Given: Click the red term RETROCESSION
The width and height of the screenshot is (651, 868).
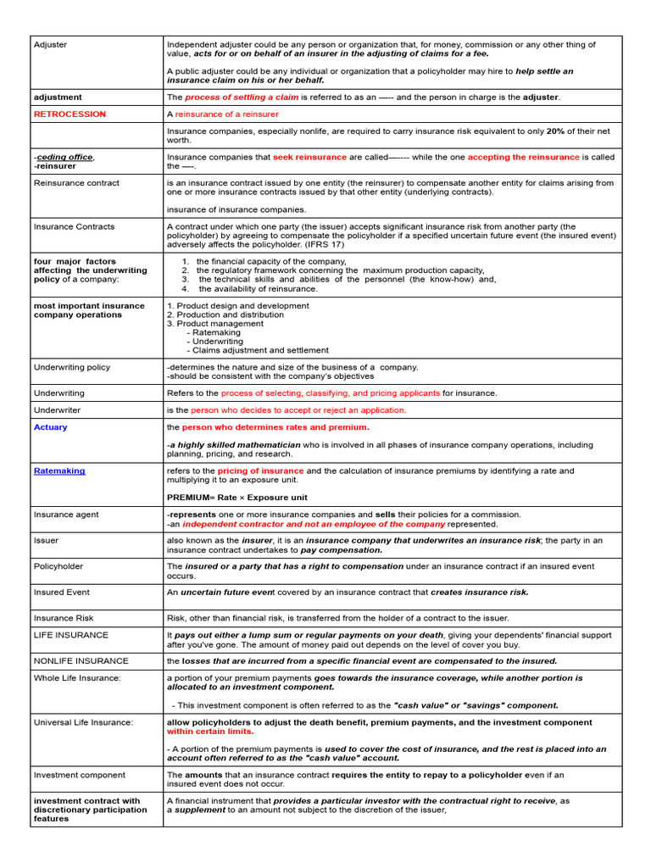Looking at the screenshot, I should (70, 114).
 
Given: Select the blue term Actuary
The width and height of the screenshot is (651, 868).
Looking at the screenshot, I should (50, 427).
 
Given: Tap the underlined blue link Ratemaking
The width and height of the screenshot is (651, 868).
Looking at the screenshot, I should (59, 470).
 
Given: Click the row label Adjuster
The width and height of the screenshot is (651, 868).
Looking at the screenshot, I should (50, 44).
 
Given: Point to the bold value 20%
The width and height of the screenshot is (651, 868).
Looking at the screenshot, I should (555, 131).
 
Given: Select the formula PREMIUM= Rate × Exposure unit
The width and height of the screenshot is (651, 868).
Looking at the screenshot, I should (236, 498).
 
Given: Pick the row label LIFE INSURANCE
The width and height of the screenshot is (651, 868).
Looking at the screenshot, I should (71, 634).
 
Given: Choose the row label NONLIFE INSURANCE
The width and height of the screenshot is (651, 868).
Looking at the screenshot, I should (81, 660).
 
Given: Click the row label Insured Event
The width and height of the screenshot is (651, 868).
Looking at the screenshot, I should (61, 592).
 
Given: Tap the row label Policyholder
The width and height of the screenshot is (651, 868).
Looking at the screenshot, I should (58, 566).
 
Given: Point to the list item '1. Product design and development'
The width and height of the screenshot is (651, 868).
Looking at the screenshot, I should (237, 305).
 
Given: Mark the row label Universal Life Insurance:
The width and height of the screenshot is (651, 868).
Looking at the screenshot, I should (83, 722).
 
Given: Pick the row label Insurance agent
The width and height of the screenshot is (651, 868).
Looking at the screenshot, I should (66, 515).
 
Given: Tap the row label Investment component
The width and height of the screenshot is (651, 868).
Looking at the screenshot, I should (79, 775).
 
